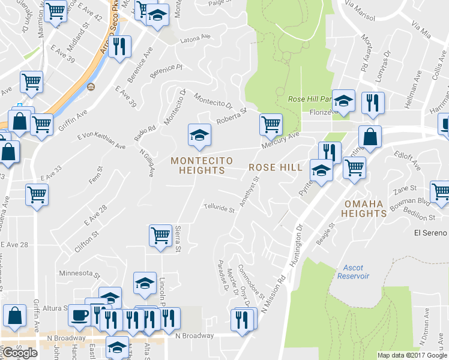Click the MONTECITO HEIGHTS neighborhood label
click(x=197, y=166)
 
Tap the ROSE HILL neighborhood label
click(x=275, y=167)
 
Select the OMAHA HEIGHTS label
click(x=364, y=209)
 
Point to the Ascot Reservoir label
click(x=357, y=271)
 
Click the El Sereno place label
click(x=431, y=233)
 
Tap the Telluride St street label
click(x=219, y=209)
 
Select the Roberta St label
click(x=232, y=116)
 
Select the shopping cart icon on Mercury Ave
click(x=271, y=124)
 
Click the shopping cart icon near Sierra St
click(x=160, y=235)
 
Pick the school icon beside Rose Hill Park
click(x=344, y=101)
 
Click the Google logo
click(x=20, y=353)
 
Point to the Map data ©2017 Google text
click(x=412, y=355)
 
